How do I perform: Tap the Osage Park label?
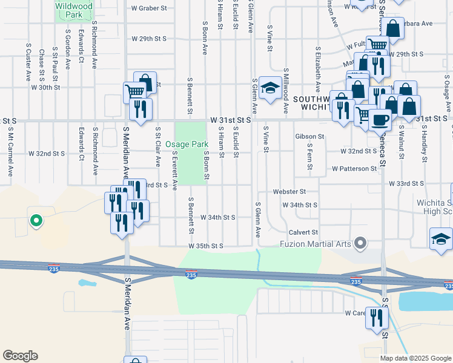pos(187,145)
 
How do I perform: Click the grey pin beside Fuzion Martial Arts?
pos(361,244)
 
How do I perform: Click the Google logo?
pos(20,356)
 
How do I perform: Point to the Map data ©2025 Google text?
pos(415,358)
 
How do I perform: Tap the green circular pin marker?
pos(36,221)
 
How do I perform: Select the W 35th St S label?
pos(206,246)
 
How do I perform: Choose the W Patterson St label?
pos(354,169)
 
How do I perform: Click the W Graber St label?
pos(149,8)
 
